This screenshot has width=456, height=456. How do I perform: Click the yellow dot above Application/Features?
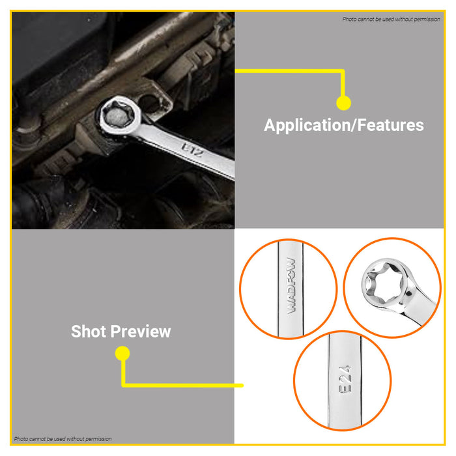tap(343, 102)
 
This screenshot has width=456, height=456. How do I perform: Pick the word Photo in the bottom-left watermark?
tap(21, 439)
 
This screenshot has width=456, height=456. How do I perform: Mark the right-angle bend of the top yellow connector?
tap(343, 70)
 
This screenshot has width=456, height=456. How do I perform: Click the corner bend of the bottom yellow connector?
tap(123, 385)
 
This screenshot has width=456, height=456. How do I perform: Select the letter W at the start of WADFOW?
tap(291, 307)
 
